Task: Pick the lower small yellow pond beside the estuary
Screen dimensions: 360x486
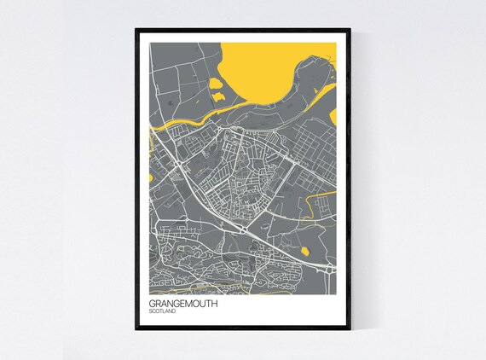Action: [x=216, y=99]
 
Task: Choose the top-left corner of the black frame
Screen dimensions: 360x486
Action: [x=136, y=30]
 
